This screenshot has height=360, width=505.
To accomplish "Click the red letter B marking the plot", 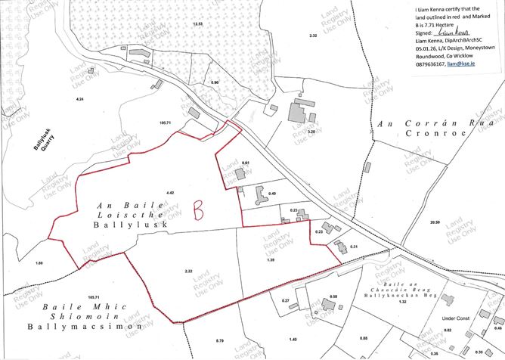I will pyautogui.click(x=199, y=209).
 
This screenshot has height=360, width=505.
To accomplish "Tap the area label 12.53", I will pyautogui.click(x=198, y=24).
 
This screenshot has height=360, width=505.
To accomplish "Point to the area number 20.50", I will pyautogui.click(x=435, y=222).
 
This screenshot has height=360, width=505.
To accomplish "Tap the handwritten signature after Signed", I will pyautogui.click(x=457, y=34).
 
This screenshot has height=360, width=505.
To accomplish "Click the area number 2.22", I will pyautogui.click(x=189, y=271).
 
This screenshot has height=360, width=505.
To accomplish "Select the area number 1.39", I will pyautogui.click(x=272, y=260).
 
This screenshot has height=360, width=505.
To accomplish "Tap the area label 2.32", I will pyautogui.click(x=313, y=36).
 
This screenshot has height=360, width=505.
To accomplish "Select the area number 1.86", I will pyautogui.click(x=39, y=262).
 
